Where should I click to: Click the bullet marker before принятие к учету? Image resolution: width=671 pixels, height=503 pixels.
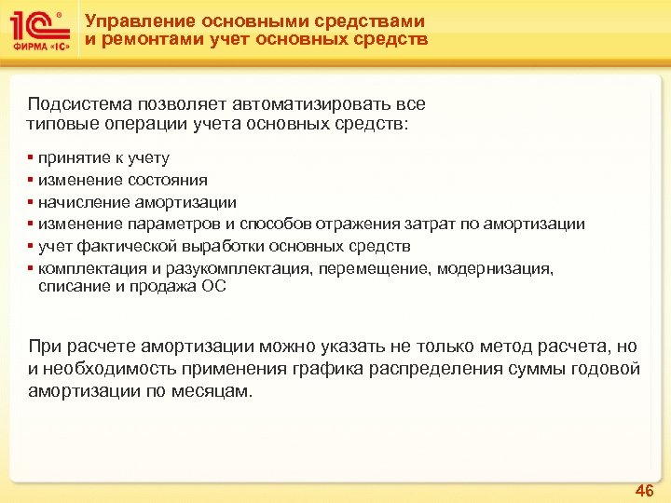(x=31, y=158)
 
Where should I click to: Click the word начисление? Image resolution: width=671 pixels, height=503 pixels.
(x=77, y=202)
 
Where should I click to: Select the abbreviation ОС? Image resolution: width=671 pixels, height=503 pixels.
(x=213, y=287)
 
